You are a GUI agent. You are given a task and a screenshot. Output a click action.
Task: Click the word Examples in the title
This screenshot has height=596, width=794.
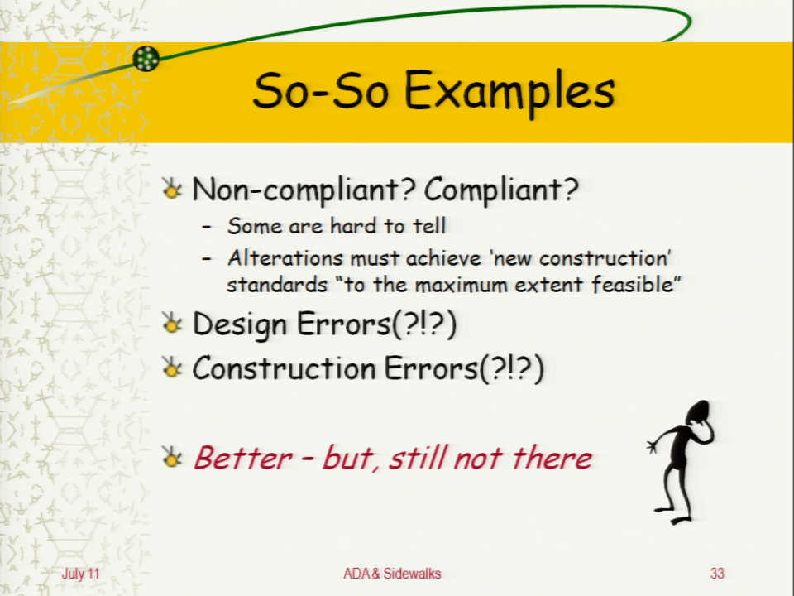[509, 92]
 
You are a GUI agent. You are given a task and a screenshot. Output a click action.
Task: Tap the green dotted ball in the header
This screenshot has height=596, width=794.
[146, 59]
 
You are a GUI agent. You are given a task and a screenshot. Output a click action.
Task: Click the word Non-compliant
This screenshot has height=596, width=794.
[304, 190]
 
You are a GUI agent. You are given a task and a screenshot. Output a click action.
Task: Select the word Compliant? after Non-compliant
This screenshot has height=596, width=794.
[501, 190]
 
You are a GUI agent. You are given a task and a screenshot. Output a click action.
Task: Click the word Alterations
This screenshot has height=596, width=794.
[285, 258]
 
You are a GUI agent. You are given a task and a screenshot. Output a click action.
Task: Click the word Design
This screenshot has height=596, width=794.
[240, 324]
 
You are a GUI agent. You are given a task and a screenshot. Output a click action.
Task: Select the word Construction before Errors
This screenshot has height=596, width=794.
[284, 368]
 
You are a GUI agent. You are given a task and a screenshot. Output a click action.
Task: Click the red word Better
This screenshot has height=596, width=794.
[243, 458]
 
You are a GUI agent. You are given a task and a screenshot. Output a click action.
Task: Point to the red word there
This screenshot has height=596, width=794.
[552, 458]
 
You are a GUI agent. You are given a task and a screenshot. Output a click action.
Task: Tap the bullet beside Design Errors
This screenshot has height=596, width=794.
[172, 324]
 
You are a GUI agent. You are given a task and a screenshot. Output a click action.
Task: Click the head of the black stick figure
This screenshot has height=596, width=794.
[698, 412]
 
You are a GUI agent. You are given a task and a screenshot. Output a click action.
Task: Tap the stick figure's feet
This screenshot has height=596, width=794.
[674, 514]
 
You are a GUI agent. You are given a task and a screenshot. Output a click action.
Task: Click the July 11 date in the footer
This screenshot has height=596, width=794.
[80, 574]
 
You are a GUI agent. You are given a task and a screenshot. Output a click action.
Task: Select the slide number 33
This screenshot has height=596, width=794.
[717, 574]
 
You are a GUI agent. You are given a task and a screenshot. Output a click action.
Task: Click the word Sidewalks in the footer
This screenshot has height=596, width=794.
[412, 574]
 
